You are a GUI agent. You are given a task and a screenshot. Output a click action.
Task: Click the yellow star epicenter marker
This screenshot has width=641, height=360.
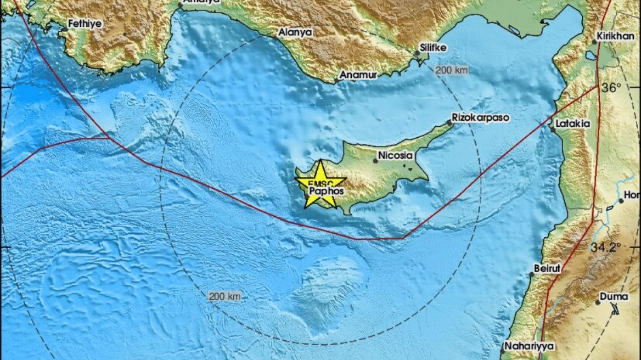click(x=320, y=184)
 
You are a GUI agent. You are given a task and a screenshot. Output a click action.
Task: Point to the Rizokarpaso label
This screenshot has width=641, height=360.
click(x=480, y=117)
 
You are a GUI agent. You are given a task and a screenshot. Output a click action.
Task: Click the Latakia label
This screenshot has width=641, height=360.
click(x=572, y=123)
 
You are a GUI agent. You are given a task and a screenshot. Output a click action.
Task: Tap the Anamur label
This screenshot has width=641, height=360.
click(x=358, y=75)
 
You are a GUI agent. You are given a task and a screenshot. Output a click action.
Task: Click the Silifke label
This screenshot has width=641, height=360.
click(x=433, y=48)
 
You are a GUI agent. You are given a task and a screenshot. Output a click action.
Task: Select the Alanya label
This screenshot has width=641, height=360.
click(x=295, y=32)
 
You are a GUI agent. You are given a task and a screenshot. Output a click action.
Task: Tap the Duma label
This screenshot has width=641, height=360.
click(x=614, y=296)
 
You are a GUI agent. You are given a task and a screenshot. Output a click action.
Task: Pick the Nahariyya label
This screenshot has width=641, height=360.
click(x=529, y=346)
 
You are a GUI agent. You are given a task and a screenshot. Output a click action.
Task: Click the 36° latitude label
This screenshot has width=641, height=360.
click(x=611, y=87)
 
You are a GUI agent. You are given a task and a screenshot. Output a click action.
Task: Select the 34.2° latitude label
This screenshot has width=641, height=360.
click(x=606, y=247)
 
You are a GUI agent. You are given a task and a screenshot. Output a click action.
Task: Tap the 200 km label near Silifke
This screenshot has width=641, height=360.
click(x=452, y=70)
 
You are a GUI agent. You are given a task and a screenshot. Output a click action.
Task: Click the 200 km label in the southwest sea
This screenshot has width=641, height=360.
click(x=224, y=296)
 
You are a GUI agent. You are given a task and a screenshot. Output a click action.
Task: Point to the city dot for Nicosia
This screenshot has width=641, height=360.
click(x=376, y=161)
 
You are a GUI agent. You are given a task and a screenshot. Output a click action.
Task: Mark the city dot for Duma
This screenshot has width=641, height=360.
click(x=598, y=302)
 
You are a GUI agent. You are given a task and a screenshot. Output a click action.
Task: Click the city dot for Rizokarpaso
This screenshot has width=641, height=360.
click(x=449, y=123)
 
